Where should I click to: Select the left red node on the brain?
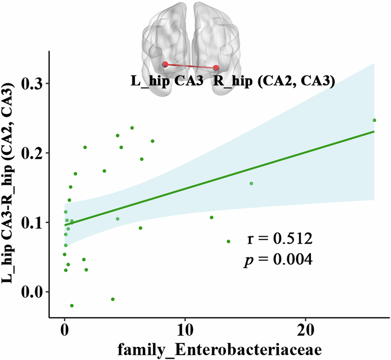165,64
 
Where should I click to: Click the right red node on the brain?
216,68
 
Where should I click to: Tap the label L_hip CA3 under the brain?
167,81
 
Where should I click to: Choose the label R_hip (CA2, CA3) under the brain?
272,81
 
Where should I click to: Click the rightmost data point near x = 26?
374,120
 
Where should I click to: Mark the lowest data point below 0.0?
72,306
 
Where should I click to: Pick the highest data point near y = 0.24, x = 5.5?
132,128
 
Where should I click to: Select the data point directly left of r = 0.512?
228,242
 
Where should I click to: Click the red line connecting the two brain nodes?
191,66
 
